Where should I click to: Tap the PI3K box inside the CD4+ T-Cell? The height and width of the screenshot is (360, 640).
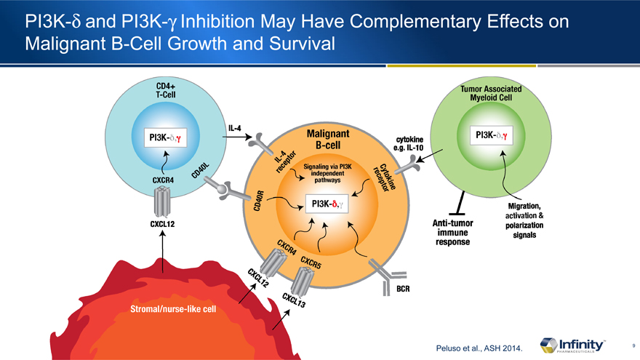click(x=167, y=137)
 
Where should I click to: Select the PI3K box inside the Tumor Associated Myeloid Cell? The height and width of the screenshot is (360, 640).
click(x=492, y=135)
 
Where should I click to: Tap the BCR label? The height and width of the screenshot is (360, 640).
click(x=404, y=289)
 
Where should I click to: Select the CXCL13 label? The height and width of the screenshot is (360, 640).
click(x=293, y=302)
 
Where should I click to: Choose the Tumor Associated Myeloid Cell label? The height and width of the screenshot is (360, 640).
click(x=492, y=93)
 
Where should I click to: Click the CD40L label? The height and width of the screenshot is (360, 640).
click(x=201, y=172)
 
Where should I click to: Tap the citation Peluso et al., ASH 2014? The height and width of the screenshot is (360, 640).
click(x=475, y=349)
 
